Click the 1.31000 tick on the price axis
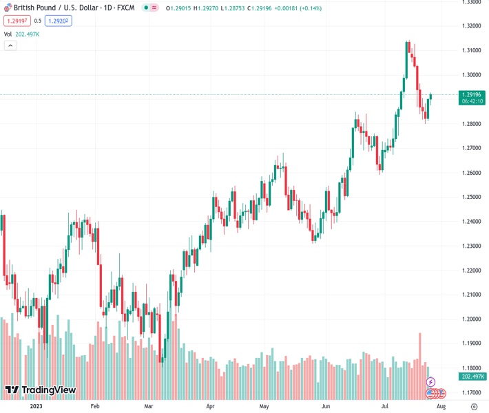tap(472, 50)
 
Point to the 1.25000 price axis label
tap(472, 197)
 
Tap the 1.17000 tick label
tap(472, 392)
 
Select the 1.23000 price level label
tap(472, 246)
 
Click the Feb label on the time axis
tap(95, 406)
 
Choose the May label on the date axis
tap(264, 406)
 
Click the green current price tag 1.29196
tap(472, 97)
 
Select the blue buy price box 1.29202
tap(58, 21)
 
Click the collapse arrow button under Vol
tap(10, 45)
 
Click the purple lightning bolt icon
tap(431, 382)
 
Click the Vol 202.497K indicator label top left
tap(21, 34)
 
